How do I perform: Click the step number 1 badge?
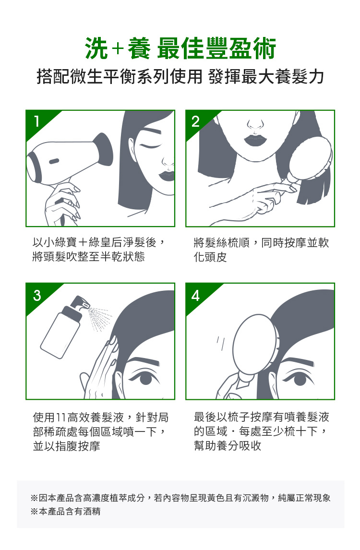[x=37, y=122]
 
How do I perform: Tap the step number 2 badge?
[x=196, y=122]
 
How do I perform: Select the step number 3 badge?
[x=37, y=295]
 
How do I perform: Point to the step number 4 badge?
[x=196, y=295]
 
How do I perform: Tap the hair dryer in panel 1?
[x=70, y=158]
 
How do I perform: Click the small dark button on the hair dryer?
[x=54, y=161]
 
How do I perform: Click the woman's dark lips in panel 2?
[x=255, y=140]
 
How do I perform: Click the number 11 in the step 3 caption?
[x=60, y=418]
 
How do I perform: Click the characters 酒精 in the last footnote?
[x=92, y=511]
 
